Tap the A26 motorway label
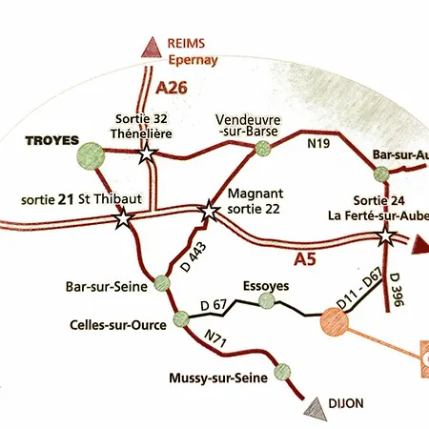171,87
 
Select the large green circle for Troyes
91,153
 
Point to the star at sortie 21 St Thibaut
123,219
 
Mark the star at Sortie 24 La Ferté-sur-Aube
385,235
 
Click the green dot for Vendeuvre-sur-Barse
266,149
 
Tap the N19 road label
317,144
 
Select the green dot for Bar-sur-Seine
161,282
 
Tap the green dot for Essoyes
266,301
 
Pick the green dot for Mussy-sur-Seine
280,373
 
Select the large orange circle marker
335,321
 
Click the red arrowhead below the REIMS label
150,48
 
